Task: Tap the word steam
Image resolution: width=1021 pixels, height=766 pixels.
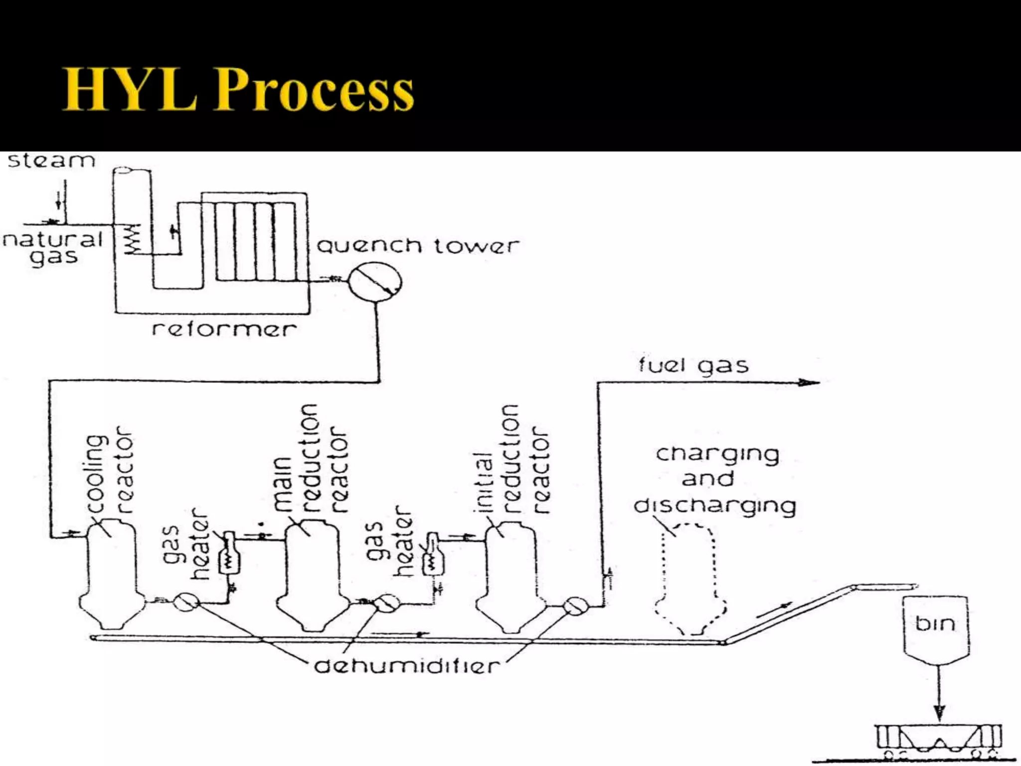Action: click(51, 161)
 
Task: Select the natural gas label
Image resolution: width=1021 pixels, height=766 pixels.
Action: click(53, 248)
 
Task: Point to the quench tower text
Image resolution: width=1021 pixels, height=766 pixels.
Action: click(418, 246)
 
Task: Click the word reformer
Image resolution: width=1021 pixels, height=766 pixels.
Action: click(224, 329)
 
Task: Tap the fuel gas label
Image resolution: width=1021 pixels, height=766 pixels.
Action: click(693, 366)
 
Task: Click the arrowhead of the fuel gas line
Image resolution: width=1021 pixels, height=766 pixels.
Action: click(810, 383)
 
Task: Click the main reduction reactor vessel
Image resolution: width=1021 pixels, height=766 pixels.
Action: click(313, 574)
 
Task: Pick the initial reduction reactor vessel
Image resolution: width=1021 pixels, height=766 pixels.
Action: click(510, 574)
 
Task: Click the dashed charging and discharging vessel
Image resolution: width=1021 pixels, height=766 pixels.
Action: click(690, 578)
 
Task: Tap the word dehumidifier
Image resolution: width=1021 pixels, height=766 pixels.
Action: click(406, 666)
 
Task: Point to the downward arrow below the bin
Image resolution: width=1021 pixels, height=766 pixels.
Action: click(939, 698)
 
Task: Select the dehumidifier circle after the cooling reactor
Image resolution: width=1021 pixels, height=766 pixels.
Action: click(186, 602)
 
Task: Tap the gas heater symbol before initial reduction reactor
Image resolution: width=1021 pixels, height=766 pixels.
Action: click(432, 556)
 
